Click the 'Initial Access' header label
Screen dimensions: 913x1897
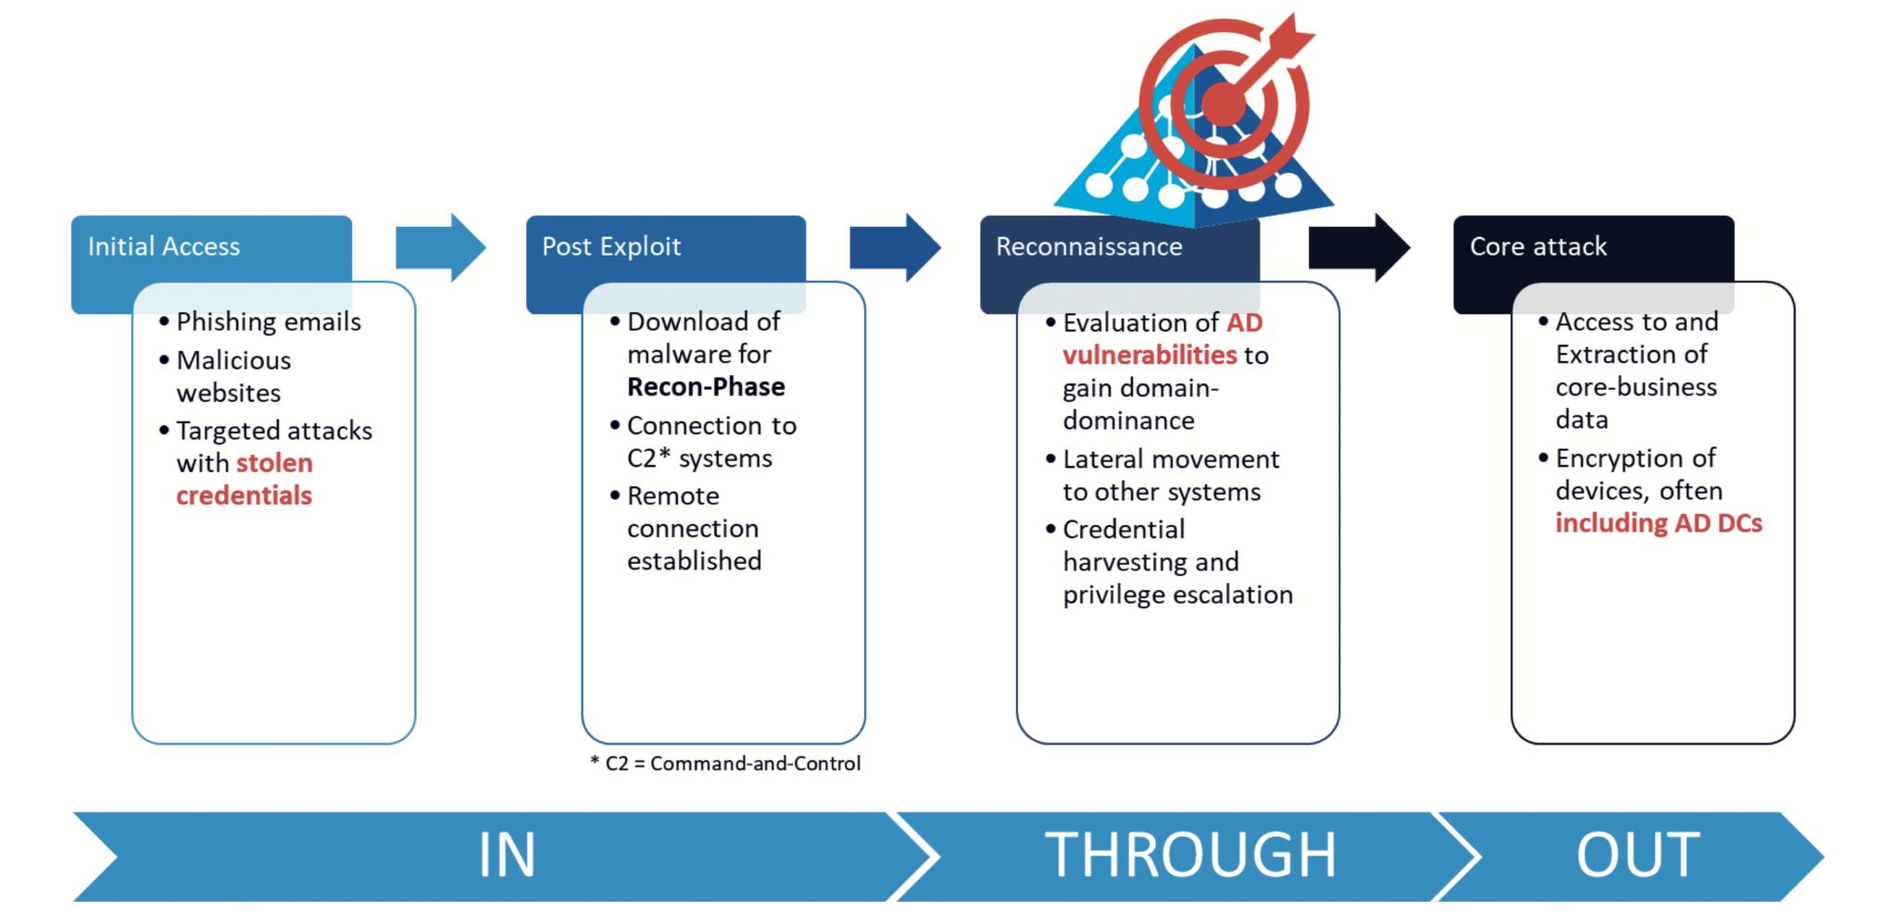pyautogui.click(x=164, y=246)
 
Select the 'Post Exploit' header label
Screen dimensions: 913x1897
pyautogui.click(x=611, y=246)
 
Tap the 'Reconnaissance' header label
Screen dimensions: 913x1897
pyautogui.click(x=1088, y=246)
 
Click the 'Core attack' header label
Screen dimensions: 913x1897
pyautogui.click(x=1538, y=246)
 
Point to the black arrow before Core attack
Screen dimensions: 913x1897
pyautogui.click(x=1358, y=247)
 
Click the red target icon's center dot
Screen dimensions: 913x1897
pyautogui.click(x=1224, y=104)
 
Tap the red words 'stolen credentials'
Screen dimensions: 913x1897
pyautogui.click(x=245, y=480)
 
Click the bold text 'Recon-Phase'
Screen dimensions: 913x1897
pyautogui.click(x=706, y=387)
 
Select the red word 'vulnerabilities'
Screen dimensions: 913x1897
pyautogui.click(x=1150, y=356)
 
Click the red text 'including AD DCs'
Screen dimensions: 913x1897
pyautogui.click(x=1658, y=523)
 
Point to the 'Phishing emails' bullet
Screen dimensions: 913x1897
pyautogui.click(x=269, y=321)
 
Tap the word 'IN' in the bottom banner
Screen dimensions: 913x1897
pyautogui.click(x=507, y=855)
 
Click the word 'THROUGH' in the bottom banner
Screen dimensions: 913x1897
pyautogui.click(x=1190, y=855)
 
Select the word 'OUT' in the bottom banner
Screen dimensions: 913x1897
pyautogui.click(x=1638, y=855)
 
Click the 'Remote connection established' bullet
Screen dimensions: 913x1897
pyautogui.click(x=694, y=528)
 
